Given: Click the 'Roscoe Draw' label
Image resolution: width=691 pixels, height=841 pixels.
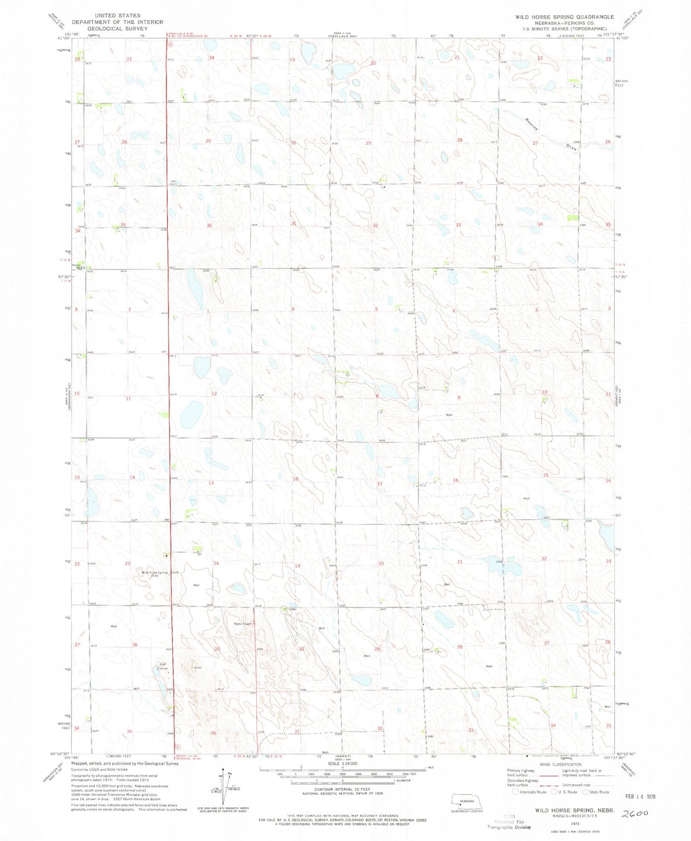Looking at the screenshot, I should [551, 134].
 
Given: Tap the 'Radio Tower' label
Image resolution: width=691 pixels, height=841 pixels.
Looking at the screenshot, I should [243, 623].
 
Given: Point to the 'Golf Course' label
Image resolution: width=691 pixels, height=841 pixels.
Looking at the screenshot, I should [162, 666].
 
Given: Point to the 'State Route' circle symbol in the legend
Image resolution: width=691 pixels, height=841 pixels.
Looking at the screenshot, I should [586, 792].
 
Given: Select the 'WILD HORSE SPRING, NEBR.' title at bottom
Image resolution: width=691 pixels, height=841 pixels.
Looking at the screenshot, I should [574, 809].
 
